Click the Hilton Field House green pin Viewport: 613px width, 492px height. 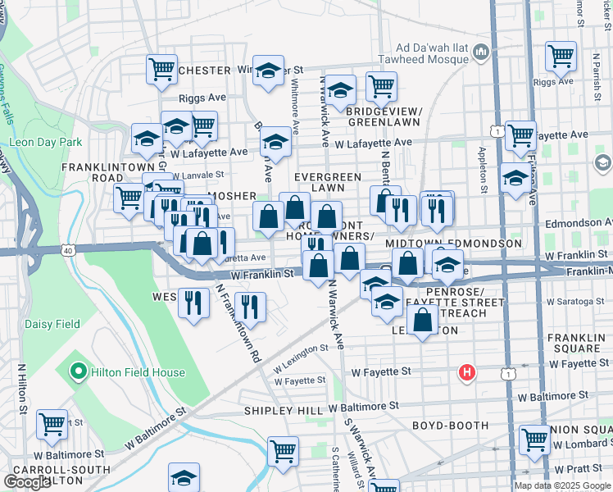pyautogui.click(x=79, y=372)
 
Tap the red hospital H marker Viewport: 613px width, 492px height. pyautogui.click(x=467, y=373)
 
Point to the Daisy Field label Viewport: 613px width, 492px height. pyautogui.click(x=51, y=324)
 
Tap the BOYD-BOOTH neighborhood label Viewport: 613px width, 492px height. pyautogui.click(x=450, y=426)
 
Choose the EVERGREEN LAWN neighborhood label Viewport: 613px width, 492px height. pyautogui.click(x=328, y=182)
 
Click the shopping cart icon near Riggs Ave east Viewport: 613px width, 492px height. pyautogui.click(x=561, y=57)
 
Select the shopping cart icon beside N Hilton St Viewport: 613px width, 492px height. pyautogui.click(x=52, y=425)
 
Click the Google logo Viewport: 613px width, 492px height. pyautogui.click(x=28, y=482)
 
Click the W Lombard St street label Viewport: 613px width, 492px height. pyautogui.click(x=583, y=444)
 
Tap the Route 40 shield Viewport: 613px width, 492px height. pyautogui.click(x=70, y=248)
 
